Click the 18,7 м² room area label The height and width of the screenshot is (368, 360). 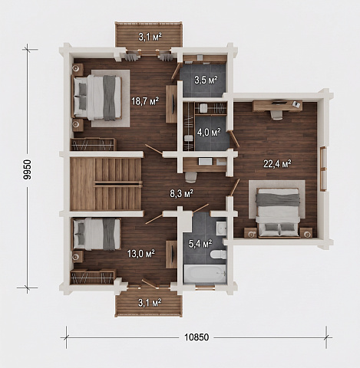[x=145, y=101]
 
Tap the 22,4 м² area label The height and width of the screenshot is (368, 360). [x=277, y=164]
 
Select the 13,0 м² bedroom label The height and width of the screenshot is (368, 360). [x=141, y=254]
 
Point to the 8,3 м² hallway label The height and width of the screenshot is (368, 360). [x=181, y=193]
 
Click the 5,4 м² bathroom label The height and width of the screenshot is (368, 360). [x=200, y=244]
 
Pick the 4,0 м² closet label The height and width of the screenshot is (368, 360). [x=209, y=132]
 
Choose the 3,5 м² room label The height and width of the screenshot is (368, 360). [x=206, y=80]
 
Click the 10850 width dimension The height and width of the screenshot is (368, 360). [x=197, y=337]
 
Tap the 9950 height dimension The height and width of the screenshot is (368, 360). [x=27, y=169]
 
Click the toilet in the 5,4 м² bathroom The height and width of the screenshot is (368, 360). [x=218, y=255]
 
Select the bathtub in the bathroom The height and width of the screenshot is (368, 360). [x=205, y=274]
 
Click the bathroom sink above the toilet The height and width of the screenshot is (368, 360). [x=221, y=228]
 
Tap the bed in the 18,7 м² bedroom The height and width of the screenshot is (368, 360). [x=97, y=98]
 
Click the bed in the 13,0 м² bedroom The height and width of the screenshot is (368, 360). [x=96, y=234]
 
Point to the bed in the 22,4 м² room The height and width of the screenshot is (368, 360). [x=278, y=213]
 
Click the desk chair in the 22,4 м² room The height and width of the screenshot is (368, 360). [x=276, y=115]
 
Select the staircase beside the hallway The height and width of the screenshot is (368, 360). [x=106, y=184]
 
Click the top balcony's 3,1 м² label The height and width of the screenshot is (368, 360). [x=150, y=37]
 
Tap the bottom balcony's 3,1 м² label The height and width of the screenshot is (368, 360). [x=150, y=303]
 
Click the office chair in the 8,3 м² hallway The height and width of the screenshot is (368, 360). [x=191, y=177]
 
